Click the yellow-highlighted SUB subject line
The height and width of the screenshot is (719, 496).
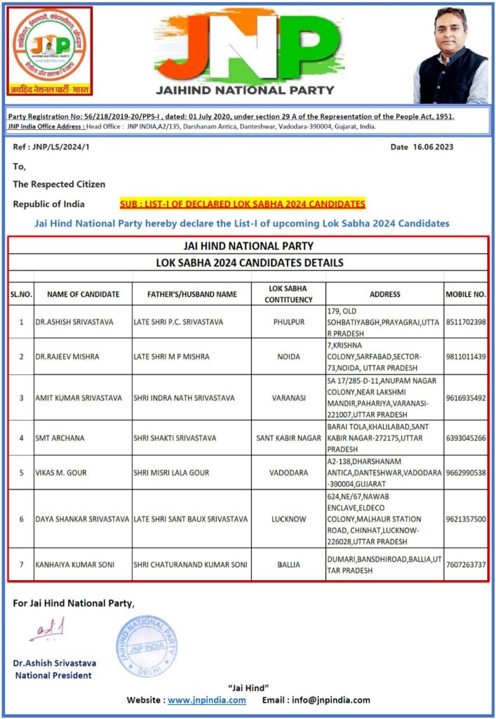(243, 204)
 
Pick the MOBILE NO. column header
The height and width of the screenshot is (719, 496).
(466, 294)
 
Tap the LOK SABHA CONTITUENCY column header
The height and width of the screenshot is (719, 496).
(288, 294)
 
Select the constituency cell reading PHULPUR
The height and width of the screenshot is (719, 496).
(288, 322)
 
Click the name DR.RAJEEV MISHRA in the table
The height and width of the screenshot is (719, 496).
(67, 357)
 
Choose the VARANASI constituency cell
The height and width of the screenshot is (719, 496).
(288, 397)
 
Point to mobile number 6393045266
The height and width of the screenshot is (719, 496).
(466, 438)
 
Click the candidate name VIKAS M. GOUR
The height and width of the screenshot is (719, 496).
(61, 473)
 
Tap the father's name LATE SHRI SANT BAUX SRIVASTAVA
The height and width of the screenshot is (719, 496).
(190, 519)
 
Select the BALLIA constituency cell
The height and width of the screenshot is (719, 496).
(288, 565)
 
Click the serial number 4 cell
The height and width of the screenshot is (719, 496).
(21, 438)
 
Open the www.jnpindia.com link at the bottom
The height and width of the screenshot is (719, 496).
(207, 700)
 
